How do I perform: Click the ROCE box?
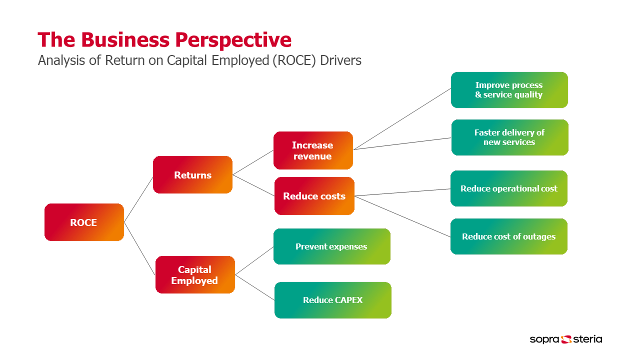(x=84, y=222)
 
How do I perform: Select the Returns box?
(x=192, y=175)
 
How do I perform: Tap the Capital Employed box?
(x=195, y=275)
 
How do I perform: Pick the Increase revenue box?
(x=313, y=150)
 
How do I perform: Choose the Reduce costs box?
(x=314, y=196)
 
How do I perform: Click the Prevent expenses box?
(x=332, y=246)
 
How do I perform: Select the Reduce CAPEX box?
(x=333, y=300)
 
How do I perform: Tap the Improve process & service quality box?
(x=509, y=90)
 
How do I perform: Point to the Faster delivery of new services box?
(x=510, y=137)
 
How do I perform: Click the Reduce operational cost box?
(x=509, y=188)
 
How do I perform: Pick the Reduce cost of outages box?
(x=509, y=236)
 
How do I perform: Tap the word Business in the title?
(x=125, y=39)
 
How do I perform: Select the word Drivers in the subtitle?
(x=340, y=60)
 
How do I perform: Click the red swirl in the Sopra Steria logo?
(x=566, y=339)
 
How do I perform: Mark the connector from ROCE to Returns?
(x=138, y=199)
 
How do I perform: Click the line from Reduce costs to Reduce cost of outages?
(x=402, y=216)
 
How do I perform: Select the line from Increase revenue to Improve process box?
(x=402, y=119)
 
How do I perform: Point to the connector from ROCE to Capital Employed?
(x=139, y=248)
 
